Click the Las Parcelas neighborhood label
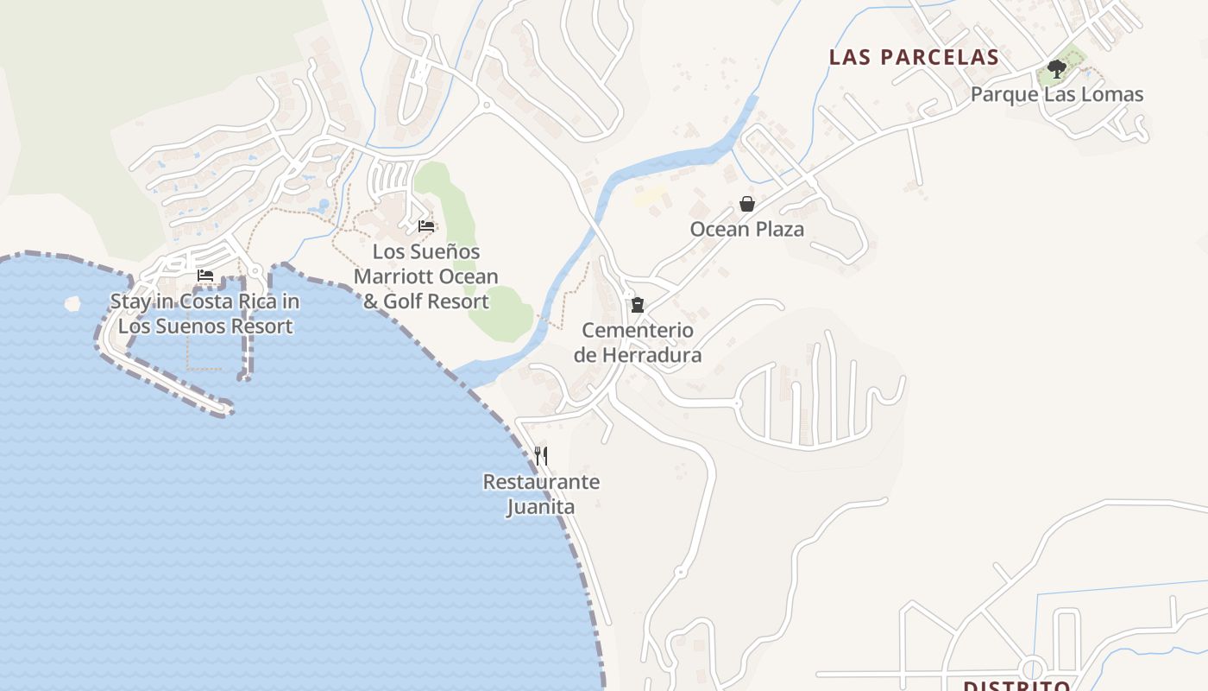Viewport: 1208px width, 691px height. (914, 57)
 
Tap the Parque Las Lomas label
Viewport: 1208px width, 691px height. (1057, 94)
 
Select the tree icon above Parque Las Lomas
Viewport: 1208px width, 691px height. (1056, 69)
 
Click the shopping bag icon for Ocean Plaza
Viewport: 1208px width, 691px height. (747, 204)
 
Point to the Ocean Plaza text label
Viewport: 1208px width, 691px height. (746, 229)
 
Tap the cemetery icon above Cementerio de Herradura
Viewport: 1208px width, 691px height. (638, 304)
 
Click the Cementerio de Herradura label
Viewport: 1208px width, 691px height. (638, 342)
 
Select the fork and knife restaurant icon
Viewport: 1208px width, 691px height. (541, 455)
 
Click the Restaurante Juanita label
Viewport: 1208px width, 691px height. (541, 493)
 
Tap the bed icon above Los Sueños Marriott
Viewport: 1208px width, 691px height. (426, 226)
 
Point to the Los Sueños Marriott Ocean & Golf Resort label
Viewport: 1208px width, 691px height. (425, 276)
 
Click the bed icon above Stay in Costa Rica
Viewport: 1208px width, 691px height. (205, 276)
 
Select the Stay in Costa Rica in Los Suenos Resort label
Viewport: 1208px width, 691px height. (205, 314)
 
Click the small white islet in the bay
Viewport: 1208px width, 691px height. (72, 304)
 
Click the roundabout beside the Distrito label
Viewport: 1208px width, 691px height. (1033, 668)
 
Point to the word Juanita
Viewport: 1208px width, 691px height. (540, 506)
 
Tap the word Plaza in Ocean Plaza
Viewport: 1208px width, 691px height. (777, 229)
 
